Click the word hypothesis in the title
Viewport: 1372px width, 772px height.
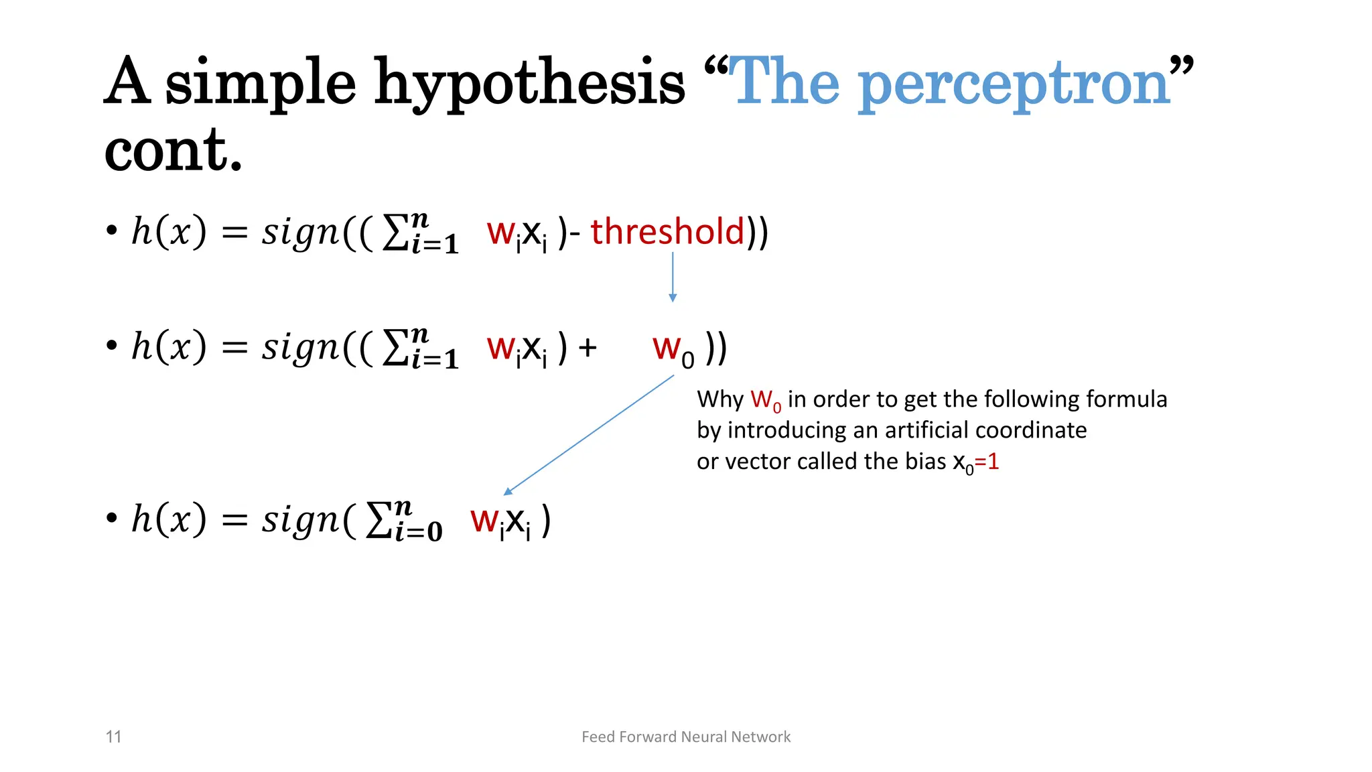pyautogui.click(x=529, y=84)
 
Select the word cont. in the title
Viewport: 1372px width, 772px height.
pyautogui.click(x=173, y=151)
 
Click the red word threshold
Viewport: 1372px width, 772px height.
pyautogui.click(x=667, y=232)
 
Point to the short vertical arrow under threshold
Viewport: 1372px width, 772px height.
pyautogui.click(x=673, y=277)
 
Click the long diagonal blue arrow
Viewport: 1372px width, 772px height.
pyautogui.click(x=589, y=434)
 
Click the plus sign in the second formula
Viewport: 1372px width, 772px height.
pyautogui.click(x=588, y=348)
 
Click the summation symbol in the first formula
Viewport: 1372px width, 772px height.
pyautogui.click(x=395, y=234)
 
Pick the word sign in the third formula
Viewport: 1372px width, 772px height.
pyautogui.click(x=300, y=520)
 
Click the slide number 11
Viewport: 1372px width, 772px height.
pyautogui.click(x=113, y=737)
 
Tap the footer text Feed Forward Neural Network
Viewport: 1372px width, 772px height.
pyautogui.click(x=686, y=737)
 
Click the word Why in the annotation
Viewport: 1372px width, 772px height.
pyautogui.click(x=719, y=400)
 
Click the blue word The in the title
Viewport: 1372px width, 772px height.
pyautogui.click(x=784, y=84)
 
